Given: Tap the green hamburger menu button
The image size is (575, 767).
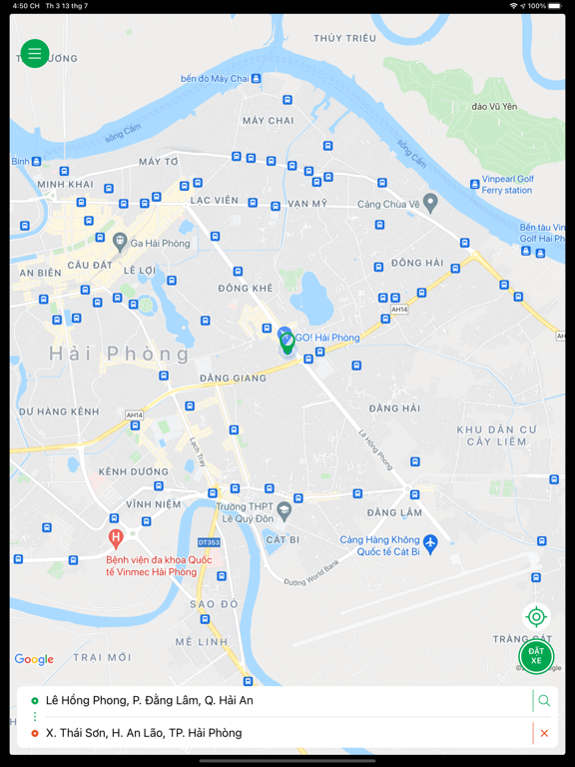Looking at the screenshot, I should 35,54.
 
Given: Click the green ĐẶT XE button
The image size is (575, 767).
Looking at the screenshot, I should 536,656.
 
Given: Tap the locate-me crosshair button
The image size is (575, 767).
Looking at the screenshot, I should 536,617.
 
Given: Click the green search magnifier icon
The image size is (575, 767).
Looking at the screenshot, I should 544,701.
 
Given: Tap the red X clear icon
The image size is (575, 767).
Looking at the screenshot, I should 544,733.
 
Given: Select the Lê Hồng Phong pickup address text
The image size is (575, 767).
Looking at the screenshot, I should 150,701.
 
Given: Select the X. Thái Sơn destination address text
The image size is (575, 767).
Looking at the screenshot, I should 144,733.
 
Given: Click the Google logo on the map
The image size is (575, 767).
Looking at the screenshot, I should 34,659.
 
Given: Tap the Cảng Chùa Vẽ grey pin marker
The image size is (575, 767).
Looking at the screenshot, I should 430,203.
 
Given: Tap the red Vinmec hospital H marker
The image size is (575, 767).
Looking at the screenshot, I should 116,539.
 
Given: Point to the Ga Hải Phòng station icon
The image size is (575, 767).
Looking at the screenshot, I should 120,241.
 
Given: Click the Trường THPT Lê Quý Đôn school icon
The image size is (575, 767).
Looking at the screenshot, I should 285,510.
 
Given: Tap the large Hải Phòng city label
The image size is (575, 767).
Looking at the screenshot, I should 119,355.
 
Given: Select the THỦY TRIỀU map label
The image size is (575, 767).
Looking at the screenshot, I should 344,38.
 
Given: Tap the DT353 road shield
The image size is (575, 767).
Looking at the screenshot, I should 208,542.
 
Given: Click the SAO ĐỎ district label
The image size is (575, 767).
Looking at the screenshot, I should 215,604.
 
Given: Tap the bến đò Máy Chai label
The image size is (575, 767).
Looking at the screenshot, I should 215,78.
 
